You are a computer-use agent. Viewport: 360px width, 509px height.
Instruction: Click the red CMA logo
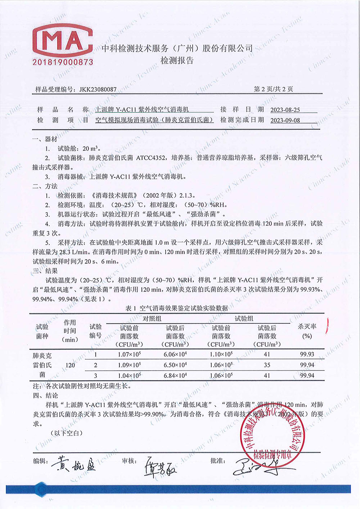point(63,40)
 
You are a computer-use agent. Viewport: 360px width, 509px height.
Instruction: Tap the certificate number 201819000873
point(63,62)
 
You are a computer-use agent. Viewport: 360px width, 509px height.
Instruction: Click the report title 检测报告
point(177,60)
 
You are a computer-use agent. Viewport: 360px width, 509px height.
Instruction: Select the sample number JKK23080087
point(98,89)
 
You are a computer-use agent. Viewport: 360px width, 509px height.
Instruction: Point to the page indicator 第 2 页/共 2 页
point(273,89)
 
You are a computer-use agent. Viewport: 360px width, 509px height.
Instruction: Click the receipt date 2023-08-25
point(285,110)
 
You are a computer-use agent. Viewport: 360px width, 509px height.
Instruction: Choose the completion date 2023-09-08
point(285,120)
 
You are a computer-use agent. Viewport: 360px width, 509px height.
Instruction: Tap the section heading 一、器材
point(45,139)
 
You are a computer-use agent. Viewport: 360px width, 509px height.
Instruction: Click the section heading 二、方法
point(45,186)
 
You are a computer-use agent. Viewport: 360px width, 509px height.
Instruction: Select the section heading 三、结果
point(45,271)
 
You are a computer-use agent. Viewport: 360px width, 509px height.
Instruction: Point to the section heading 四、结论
point(45,396)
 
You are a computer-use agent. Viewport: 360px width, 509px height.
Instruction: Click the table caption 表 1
point(130,308)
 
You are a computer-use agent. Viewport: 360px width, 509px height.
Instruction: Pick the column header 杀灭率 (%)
point(307,331)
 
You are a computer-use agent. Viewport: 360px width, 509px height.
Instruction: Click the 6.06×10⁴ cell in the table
point(175,354)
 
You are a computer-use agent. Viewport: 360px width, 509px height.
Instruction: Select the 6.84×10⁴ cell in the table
point(175,376)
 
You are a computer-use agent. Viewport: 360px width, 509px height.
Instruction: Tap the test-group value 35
point(267,365)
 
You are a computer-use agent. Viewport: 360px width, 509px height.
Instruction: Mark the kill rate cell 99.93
point(307,354)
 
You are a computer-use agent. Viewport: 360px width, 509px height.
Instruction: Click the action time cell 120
point(70,365)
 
